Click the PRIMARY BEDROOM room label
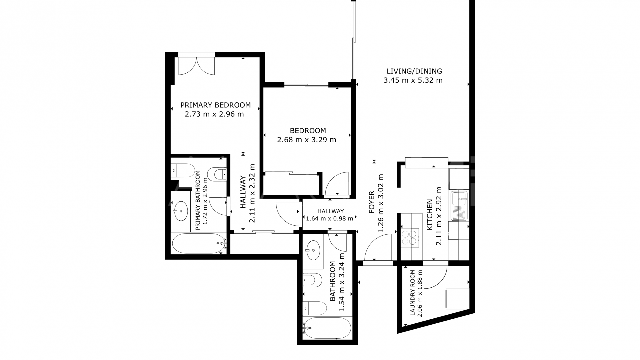(x=215, y=105)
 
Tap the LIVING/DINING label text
(x=414, y=71)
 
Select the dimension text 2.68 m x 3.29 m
(x=307, y=140)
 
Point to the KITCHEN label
(x=430, y=215)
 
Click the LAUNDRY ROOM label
(x=413, y=293)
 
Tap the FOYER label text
(x=372, y=202)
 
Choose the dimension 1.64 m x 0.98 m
(x=329, y=219)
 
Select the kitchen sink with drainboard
(x=459, y=206)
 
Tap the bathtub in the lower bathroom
(x=327, y=328)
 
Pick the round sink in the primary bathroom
(x=181, y=211)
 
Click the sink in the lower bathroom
(x=313, y=250)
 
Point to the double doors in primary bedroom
(x=196, y=66)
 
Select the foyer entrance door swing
(x=378, y=247)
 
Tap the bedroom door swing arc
(x=337, y=183)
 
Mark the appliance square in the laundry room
(x=457, y=299)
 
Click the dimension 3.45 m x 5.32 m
(x=413, y=80)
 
